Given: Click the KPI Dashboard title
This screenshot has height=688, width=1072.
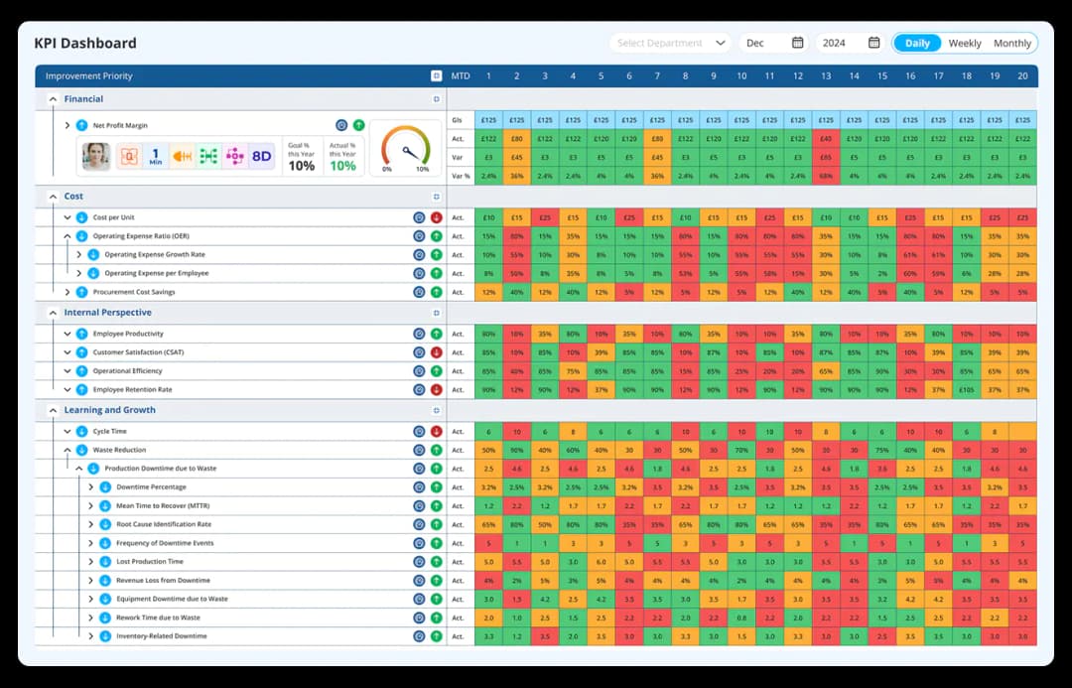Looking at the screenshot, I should (x=85, y=44).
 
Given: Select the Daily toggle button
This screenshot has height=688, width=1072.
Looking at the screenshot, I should (x=917, y=43).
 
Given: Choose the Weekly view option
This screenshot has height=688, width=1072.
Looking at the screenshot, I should (x=965, y=43).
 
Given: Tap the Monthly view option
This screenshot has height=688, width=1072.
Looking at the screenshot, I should (x=1012, y=43).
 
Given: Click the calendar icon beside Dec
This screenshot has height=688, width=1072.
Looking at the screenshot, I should (x=797, y=43).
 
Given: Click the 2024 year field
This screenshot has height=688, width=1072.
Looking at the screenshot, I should (x=835, y=43).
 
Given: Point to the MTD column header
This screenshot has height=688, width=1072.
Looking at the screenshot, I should (x=461, y=76).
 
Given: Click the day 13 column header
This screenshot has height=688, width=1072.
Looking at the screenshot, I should (x=826, y=76).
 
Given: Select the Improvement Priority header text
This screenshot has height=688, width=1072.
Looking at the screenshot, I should (x=88, y=76).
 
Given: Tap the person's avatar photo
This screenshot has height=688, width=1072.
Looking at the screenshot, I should (x=96, y=156).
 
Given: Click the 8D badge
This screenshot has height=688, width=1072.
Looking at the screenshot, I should (x=261, y=156).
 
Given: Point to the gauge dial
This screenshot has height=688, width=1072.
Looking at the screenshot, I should (x=405, y=148).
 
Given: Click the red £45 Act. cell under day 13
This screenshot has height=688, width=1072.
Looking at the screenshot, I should (x=826, y=138).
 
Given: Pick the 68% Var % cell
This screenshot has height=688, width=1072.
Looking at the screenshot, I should (x=826, y=176).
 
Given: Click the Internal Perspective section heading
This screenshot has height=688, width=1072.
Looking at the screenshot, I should (x=108, y=313).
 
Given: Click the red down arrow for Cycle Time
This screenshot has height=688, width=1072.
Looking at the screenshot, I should (x=436, y=432).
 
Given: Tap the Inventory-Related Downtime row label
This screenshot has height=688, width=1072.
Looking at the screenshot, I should (x=162, y=636).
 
